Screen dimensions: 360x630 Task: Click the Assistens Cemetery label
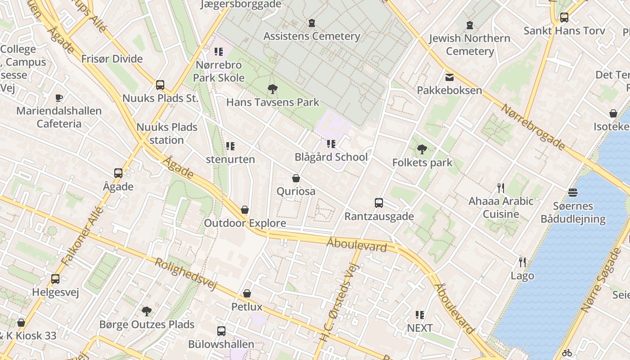(312, 36)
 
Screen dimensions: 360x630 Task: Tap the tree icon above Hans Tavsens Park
(272, 89)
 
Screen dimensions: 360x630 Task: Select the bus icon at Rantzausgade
(379, 203)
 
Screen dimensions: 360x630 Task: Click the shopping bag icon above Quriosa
(296, 178)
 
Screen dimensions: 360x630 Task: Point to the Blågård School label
(331, 157)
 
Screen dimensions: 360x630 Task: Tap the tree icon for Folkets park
(422, 149)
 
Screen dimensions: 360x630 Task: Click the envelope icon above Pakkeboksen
(449, 77)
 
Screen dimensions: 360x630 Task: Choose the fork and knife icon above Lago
(522, 262)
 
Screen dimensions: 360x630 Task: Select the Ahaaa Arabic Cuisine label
(501, 207)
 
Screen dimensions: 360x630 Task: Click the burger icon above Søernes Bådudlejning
(573, 193)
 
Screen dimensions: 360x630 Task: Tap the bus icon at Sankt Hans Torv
(564, 18)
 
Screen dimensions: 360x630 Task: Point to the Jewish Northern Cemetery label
(470, 45)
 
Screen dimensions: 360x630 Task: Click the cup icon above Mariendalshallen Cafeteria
(58, 98)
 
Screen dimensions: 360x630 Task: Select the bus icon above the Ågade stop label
(118, 173)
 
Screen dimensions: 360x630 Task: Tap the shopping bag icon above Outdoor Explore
(245, 210)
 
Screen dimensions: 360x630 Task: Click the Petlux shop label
(247, 307)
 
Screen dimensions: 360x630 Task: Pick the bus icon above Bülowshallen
(221, 331)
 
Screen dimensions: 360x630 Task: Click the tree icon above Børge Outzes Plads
(146, 311)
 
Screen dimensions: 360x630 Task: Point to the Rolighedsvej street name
(186, 274)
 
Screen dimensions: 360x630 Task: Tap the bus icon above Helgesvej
(55, 279)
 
